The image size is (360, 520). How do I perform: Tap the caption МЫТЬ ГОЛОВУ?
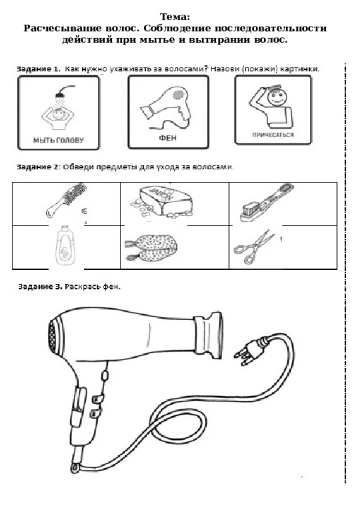tap(58, 140)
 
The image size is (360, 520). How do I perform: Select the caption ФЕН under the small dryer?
tap(168, 138)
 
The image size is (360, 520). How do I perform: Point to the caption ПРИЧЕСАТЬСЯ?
tap(273, 135)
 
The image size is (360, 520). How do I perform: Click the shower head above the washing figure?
tap(60, 95)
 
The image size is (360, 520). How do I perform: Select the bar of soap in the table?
tap(163, 201)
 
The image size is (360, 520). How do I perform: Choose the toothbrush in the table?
tap(267, 203)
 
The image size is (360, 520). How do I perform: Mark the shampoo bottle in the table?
tap(65, 245)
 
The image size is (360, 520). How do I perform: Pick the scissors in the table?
tap(254, 247)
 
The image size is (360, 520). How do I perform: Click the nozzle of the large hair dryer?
tap(208, 335)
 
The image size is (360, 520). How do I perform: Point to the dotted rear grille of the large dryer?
tap(52, 338)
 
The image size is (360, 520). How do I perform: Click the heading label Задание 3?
tap(40, 286)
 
